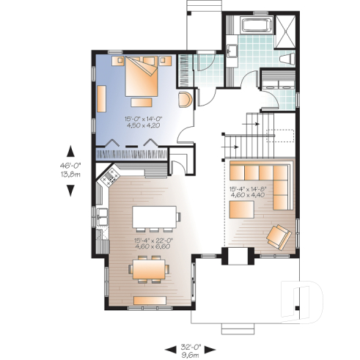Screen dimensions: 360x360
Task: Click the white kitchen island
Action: point(155,217)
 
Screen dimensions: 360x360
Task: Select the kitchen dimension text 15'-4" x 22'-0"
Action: point(153,243)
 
